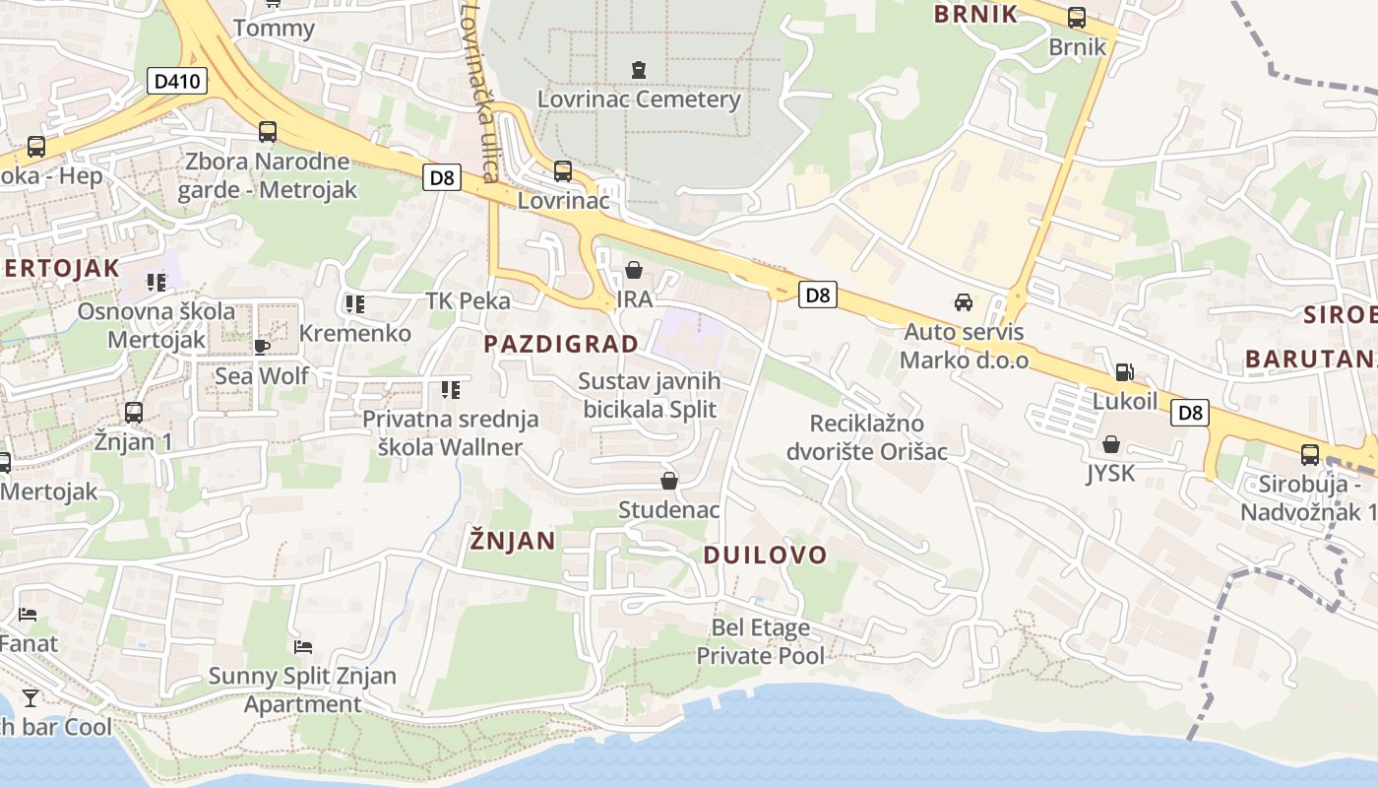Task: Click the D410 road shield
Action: tap(178, 81)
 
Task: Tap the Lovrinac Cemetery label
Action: tap(639, 99)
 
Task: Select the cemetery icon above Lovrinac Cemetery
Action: tap(639, 70)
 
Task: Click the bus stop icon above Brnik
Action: tap(1077, 18)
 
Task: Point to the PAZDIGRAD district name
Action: tap(561, 344)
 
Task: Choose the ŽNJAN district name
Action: tap(512, 540)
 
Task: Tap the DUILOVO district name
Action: tap(765, 555)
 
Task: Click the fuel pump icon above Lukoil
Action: tap(1124, 372)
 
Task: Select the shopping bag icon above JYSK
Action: tap(1110, 445)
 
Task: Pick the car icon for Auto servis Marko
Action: tap(964, 302)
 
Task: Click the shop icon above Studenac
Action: tap(669, 481)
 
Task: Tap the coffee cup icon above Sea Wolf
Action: tap(261, 347)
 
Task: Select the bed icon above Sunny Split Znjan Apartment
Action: tap(303, 647)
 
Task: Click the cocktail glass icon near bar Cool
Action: tap(31, 698)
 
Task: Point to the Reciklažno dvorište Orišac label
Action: tap(866, 437)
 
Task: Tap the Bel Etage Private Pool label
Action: tap(760, 641)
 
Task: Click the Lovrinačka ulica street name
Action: tap(477, 94)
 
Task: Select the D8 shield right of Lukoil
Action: tap(1190, 413)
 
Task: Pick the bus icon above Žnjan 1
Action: tap(134, 413)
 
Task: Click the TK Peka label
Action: tap(468, 301)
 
